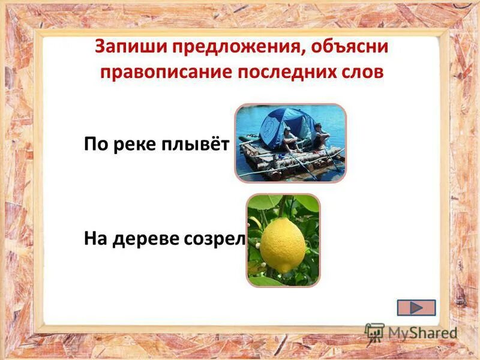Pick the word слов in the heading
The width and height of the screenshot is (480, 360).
pos(362,71)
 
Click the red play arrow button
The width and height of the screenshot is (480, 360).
pos(416,307)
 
